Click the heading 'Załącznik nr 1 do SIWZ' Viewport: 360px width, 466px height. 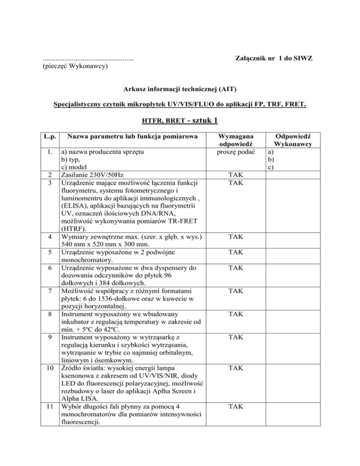(273, 58)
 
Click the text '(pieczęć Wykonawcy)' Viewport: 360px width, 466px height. (75, 67)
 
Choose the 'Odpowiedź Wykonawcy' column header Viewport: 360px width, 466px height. (293, 140)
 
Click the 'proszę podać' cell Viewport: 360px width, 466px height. (233, 152)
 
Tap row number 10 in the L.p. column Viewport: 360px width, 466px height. (49, 368)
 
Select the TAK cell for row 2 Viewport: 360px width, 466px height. (233, 175)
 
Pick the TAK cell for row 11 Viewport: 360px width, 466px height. (233, 407)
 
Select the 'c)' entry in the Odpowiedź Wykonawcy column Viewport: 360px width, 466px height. (270, 167)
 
